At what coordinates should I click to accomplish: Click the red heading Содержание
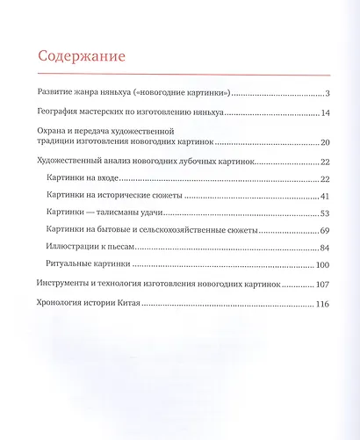pos(82,56)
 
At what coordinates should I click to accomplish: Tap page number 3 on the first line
pos(326,94)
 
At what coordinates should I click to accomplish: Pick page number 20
pos(324,142)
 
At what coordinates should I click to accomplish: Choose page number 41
pos(324,196)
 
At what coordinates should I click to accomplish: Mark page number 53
pos(324,213)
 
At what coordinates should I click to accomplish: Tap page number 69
pos(324,230)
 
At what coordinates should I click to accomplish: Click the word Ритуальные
pos(72,263)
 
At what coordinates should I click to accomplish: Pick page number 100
pos(321,263)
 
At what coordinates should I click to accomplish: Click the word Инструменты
pos(70,285)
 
